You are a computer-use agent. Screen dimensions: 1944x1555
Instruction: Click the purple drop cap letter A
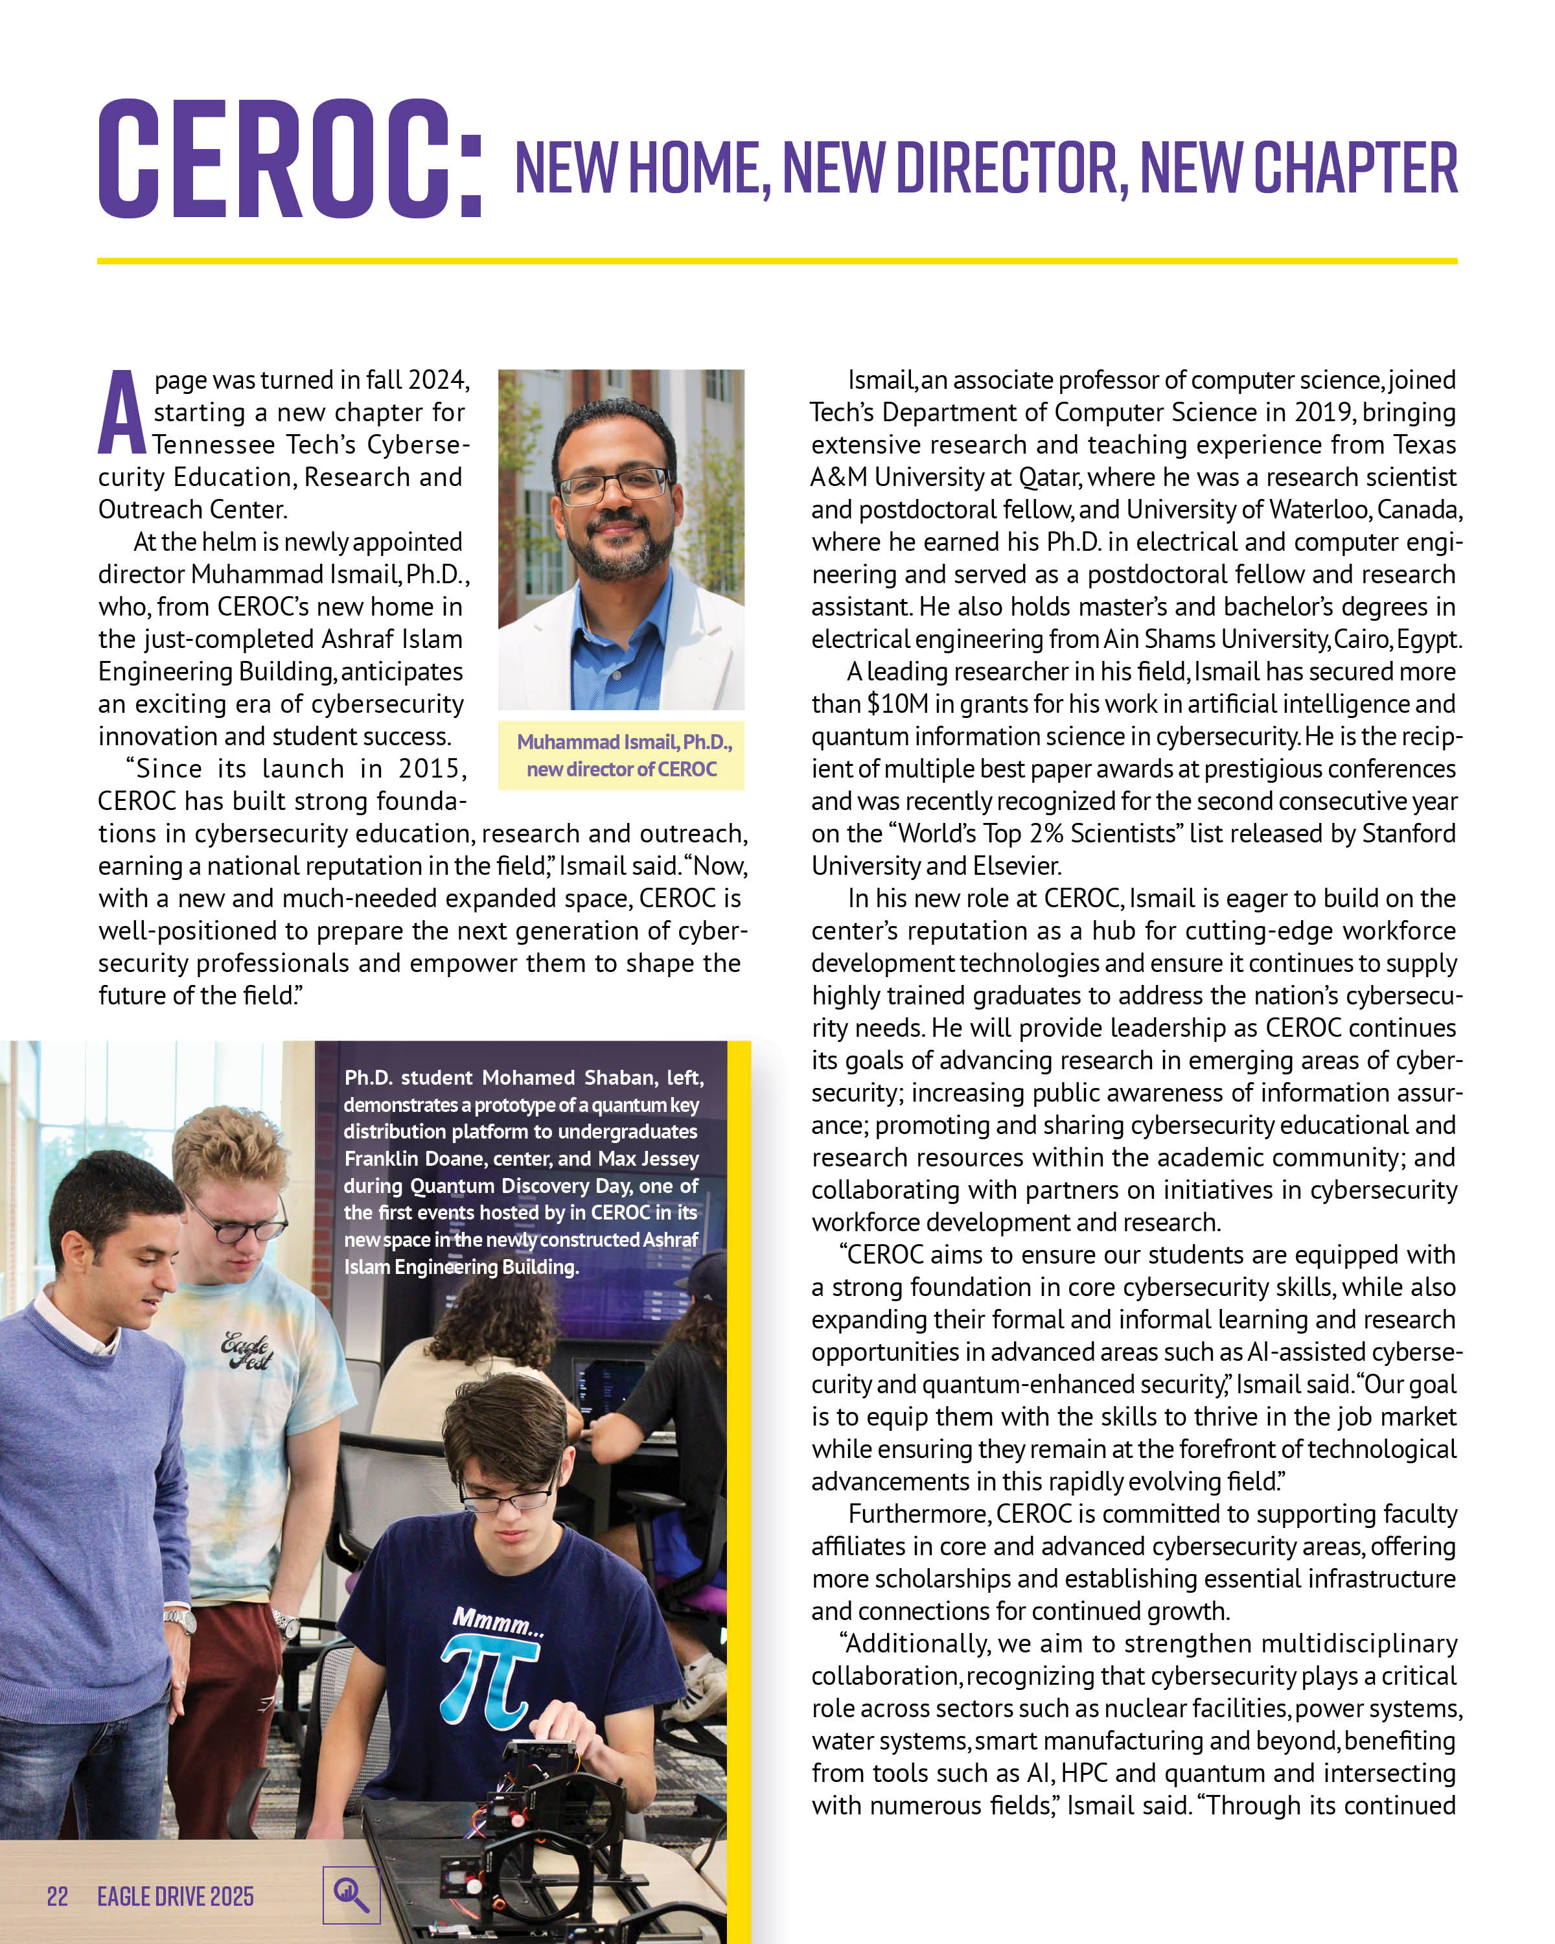[121, 412]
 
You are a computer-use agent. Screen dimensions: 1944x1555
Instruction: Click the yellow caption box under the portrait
[621, 755]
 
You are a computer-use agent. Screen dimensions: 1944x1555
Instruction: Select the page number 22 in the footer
[58, 1896]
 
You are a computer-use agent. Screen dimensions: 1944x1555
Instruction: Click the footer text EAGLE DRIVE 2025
[175, 1896]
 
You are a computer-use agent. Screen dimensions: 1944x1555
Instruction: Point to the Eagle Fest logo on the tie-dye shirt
[246, 1350]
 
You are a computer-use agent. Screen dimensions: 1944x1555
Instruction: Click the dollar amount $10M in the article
[898, 704]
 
